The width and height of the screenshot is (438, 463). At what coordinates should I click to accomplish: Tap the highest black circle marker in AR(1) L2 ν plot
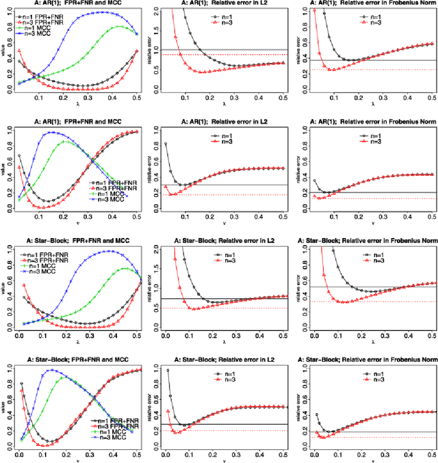166,144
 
